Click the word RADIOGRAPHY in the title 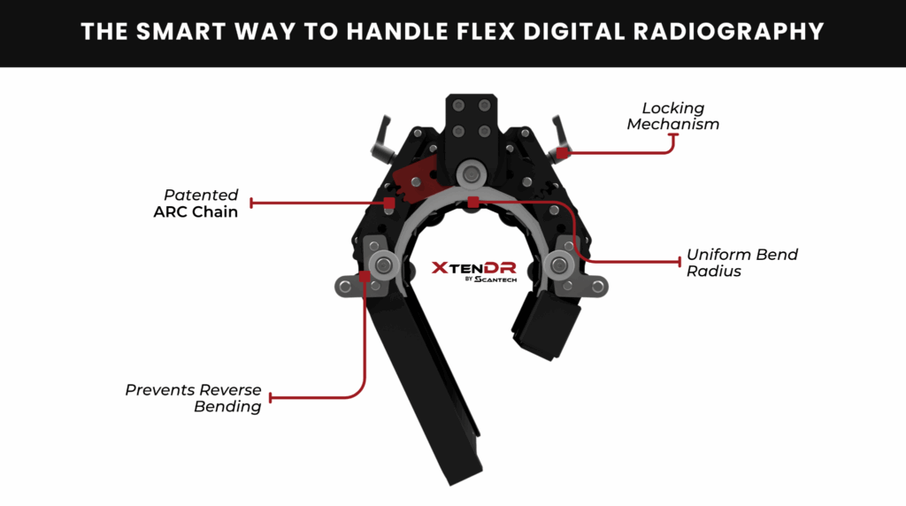(x=728, y=32)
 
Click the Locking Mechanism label (x=673, y=116)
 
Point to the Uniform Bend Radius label (x=742, y=263)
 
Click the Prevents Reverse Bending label (x=194, y=398)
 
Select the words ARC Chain (x=196, y=212)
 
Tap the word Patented (x=201, y=195)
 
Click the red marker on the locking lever (x=562, y=152)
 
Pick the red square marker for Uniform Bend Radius (x=473, y=203)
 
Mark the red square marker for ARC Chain (x=389, y=203)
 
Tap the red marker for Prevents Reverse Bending (x=364, y=277)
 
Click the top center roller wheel (x=472, y=174)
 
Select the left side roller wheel (x=384, y=265)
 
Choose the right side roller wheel (x=559, y=265)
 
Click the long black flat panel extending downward (x=426, y=387)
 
